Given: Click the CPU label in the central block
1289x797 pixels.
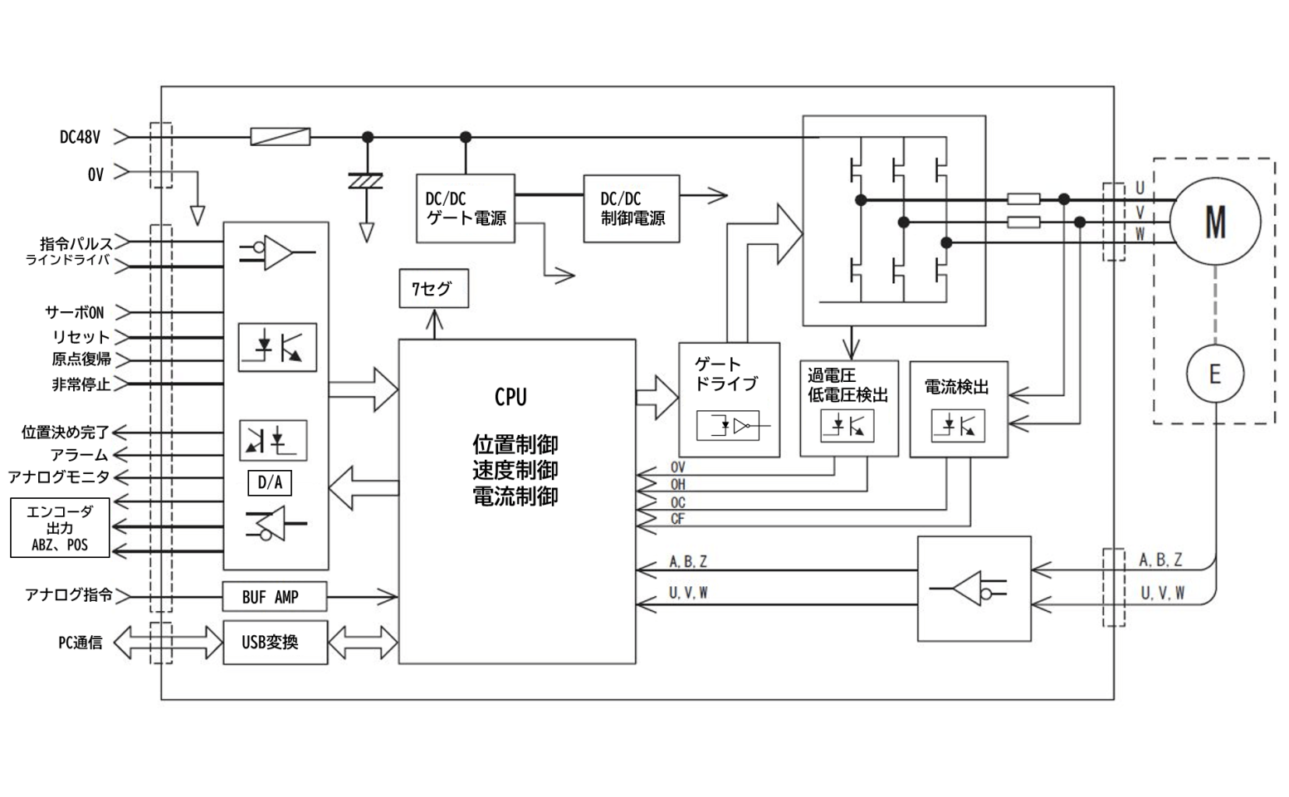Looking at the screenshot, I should [x=510, y=398].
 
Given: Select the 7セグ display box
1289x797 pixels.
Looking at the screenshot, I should [x=433, y=289].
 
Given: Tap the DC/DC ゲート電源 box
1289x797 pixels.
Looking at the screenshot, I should [x=465, y=208].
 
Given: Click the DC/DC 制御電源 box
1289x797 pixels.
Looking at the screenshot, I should [x=631, y=208].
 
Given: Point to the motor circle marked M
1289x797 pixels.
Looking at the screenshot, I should [x=1214, y=221].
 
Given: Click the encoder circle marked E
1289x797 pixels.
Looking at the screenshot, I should [x=1214, y=374].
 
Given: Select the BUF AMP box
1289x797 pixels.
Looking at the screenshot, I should [x=274, y=597].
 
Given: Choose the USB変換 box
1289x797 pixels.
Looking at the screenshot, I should [x=275, y=642].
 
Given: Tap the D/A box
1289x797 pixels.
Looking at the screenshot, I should [x=270, y=483].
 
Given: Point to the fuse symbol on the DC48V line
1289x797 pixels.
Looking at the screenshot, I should [x=281, y=137].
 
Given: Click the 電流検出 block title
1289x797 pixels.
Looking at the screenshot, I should [x=956, y=387].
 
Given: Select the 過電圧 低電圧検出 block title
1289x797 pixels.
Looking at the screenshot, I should [x=847, y=386].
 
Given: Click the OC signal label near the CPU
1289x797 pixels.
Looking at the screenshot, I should [x=678, y=502].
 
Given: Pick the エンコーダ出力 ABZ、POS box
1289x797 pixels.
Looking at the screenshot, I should [x=59, y=528].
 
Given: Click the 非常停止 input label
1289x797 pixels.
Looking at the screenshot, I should [x=81, y=384].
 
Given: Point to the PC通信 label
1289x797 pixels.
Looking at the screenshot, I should [x=81, y=643].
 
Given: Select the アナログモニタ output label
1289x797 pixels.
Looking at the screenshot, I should [x=58, y=477].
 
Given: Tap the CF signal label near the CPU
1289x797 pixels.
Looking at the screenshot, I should [x=678, y=519].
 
